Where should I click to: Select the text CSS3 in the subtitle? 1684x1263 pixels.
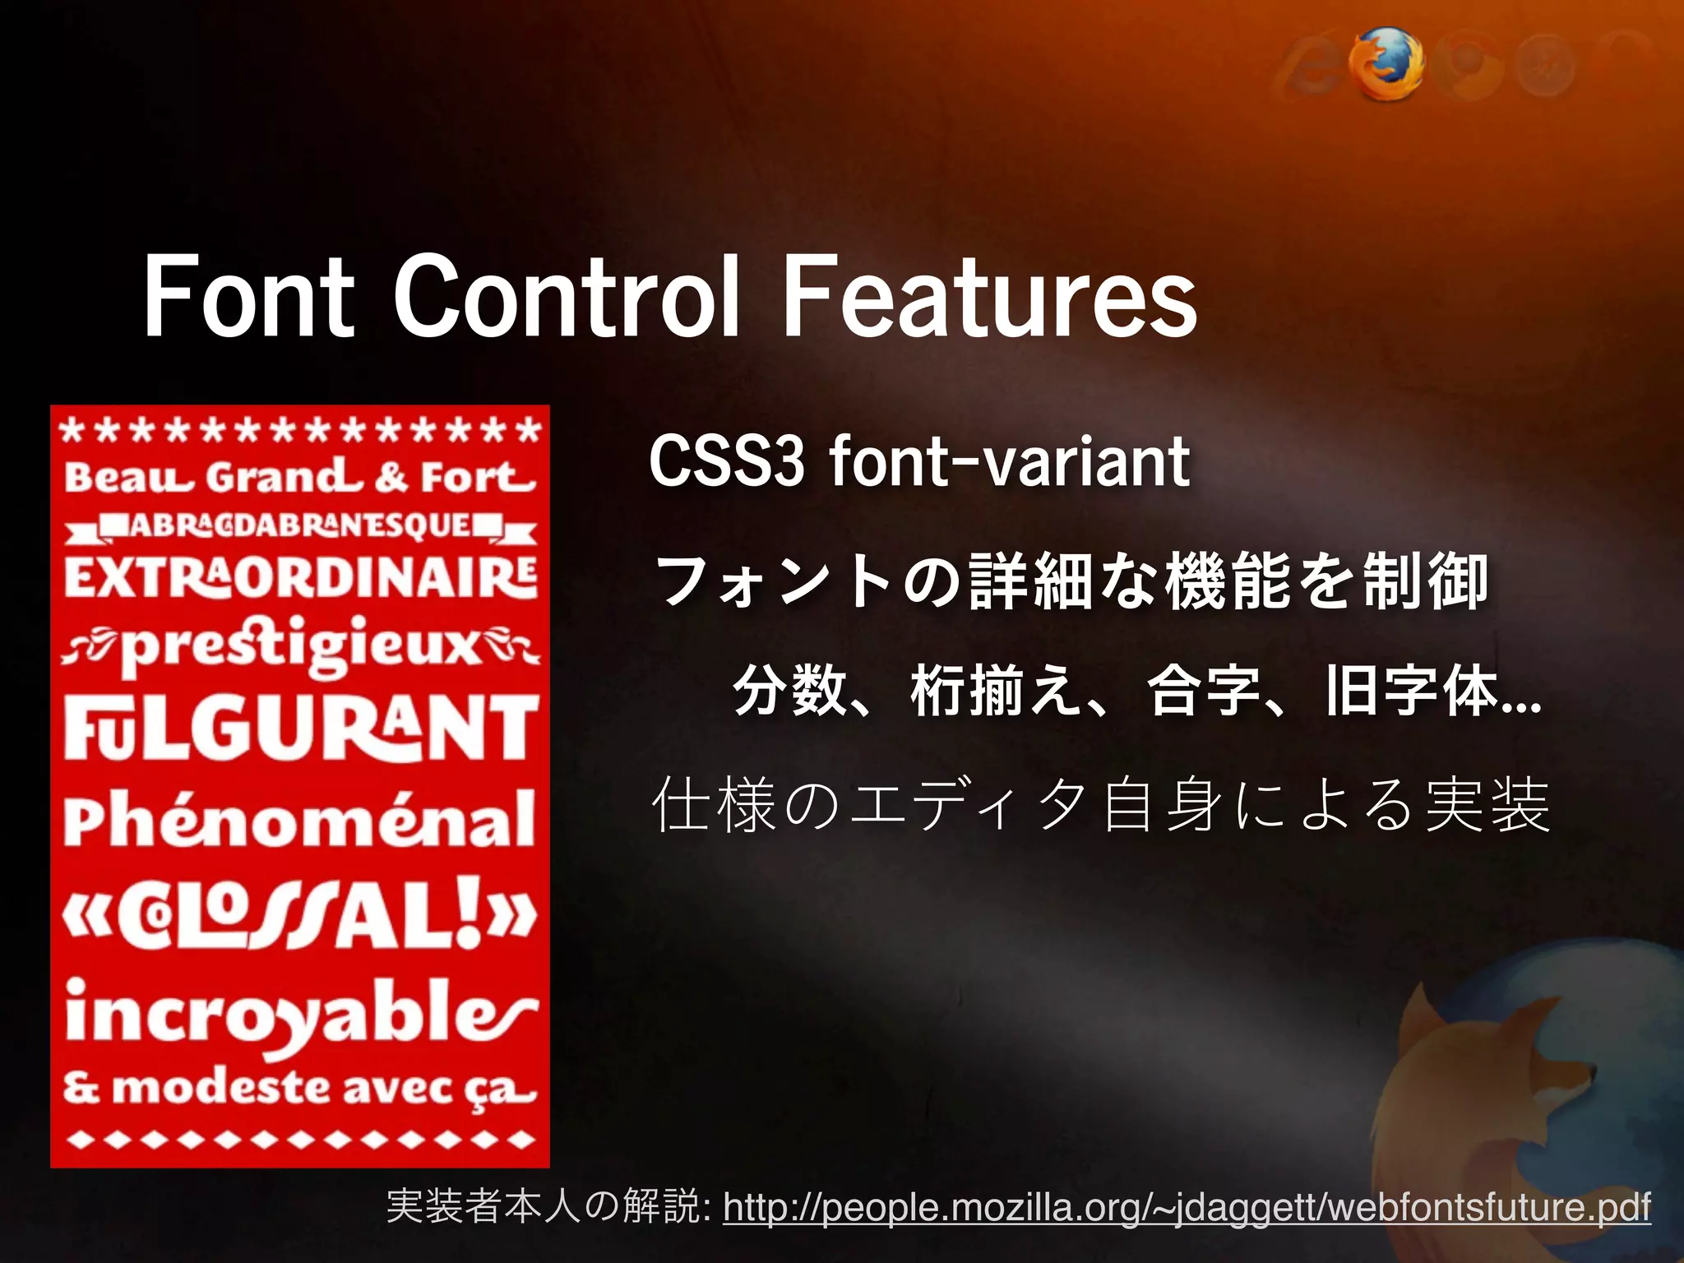725,462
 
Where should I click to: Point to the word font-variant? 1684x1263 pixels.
1009,462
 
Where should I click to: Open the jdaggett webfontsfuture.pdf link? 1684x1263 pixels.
1187,1207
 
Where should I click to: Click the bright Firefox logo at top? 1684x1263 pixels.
1386,63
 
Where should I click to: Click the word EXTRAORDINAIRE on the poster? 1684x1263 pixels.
301,577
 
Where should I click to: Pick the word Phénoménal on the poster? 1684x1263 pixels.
301,818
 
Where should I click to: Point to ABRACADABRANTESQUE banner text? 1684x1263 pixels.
301,525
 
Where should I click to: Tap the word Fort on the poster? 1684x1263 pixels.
478,476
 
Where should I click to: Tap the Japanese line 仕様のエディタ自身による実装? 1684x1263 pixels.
1100,804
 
